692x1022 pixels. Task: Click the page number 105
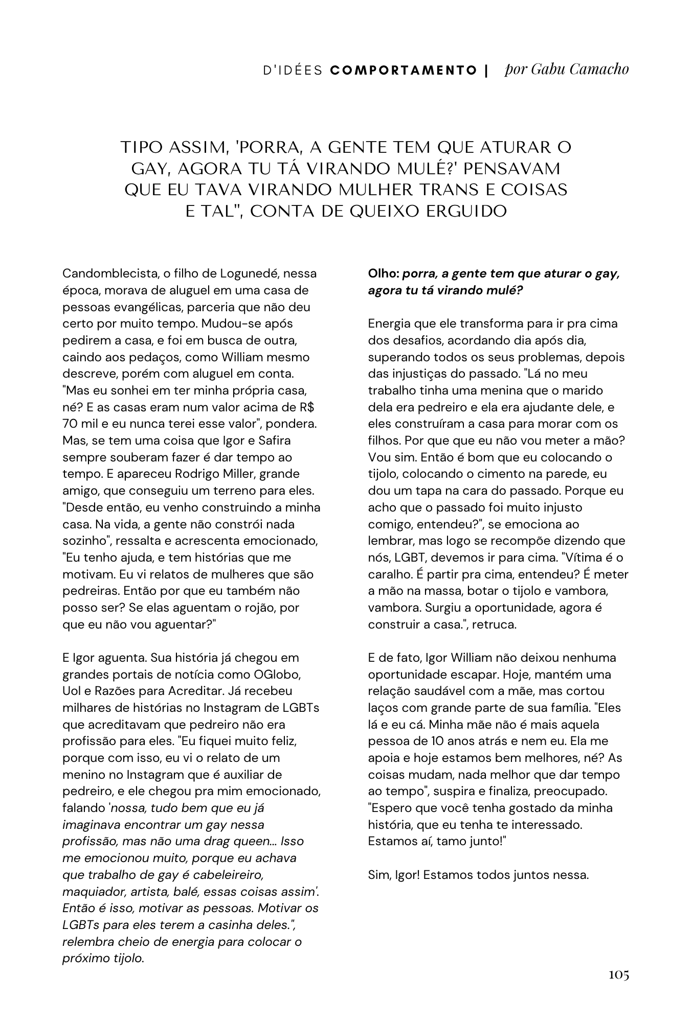(x=618, y=974)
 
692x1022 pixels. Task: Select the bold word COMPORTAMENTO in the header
(x=404, y=71)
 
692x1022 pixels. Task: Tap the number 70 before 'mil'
(x=71, y=424)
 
